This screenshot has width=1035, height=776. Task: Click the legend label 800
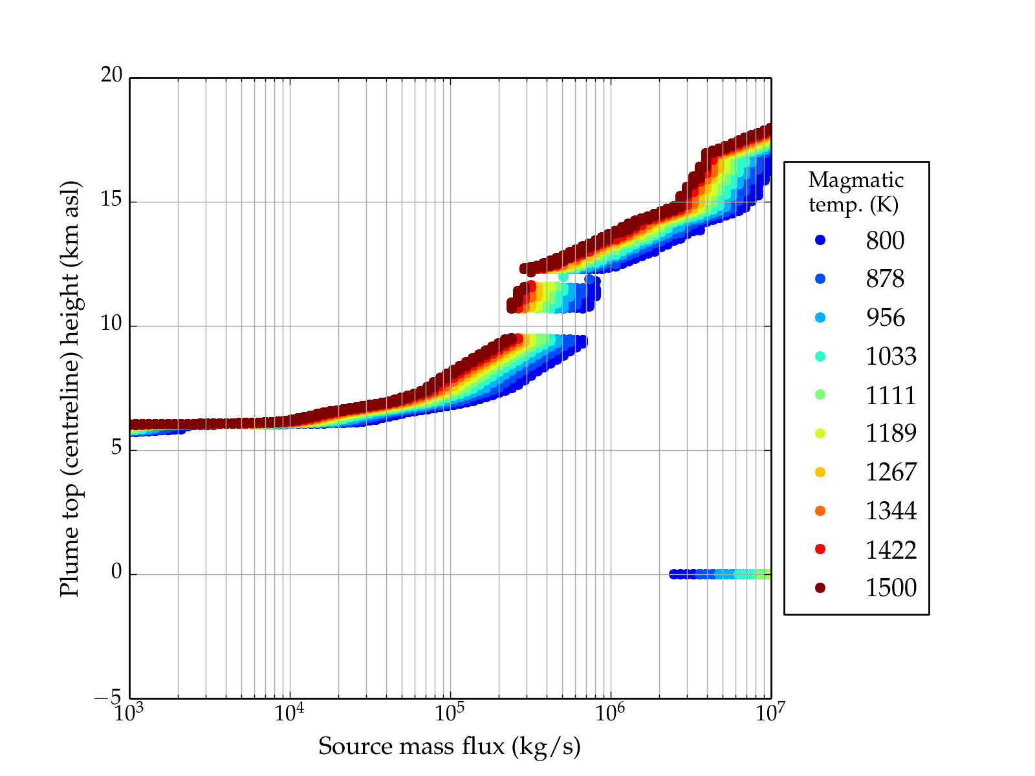885,241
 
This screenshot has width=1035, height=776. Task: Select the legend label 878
885,279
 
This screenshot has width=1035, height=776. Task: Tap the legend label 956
885,318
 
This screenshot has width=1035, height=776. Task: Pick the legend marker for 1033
820,356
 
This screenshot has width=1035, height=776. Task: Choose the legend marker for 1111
820,394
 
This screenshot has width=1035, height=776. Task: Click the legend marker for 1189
820,433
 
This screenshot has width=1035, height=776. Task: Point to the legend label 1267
891,472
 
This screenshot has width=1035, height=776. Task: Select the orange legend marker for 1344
820,511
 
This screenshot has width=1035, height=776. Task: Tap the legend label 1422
891,550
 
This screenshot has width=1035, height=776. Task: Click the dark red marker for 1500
820,588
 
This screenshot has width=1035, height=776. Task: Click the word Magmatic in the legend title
856,180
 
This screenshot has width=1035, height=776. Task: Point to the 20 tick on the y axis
111,75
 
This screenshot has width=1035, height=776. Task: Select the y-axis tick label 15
111,200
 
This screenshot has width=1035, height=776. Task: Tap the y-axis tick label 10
111,324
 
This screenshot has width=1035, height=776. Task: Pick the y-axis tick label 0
116,572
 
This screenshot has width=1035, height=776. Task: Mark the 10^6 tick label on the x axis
609,713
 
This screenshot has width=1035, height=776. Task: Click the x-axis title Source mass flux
450,747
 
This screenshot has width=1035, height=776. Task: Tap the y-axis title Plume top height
70,388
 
